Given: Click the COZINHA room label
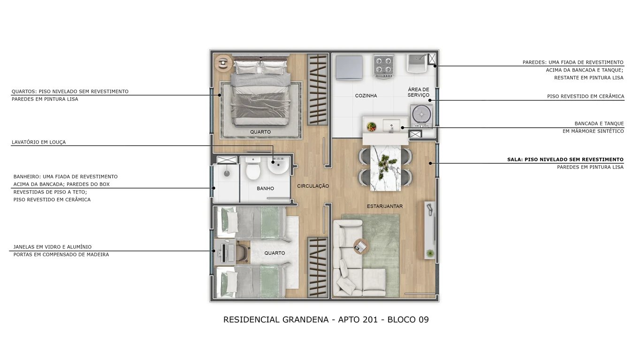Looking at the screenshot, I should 366,96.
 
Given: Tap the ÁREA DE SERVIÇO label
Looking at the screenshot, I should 419,92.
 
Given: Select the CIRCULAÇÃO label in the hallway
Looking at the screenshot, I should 313,186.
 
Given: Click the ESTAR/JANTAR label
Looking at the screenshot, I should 384,206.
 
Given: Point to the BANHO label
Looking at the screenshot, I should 265,189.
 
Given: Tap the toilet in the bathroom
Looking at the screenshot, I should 253,169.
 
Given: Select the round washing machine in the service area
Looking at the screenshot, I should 421,115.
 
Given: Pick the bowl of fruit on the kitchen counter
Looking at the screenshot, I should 371,126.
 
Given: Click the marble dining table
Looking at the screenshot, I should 386,168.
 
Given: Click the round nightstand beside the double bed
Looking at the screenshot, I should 222,61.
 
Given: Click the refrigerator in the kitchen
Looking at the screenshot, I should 349,67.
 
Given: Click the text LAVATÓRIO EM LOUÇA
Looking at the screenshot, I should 38,142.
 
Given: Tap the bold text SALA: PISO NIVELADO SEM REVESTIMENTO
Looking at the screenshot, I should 565,160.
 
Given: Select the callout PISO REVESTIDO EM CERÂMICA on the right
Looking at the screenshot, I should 585,96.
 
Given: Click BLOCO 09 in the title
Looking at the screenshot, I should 408,320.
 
